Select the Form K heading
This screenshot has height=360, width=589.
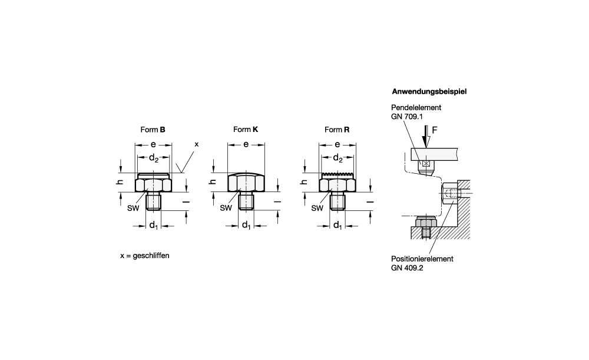point(246,128)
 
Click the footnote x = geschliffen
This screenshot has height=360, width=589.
point(148,256)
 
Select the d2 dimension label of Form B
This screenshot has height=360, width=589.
point(154,158)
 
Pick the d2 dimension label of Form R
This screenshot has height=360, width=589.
point(337,158)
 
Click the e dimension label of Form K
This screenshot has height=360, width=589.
point(246,144)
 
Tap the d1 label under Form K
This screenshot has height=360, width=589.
point(246,224)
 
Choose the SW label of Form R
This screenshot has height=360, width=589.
point(317,207)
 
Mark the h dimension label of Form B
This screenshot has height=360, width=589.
point(118,183)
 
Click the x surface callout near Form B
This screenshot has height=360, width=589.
point(197,144)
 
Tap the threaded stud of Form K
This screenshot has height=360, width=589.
point(246,201)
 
